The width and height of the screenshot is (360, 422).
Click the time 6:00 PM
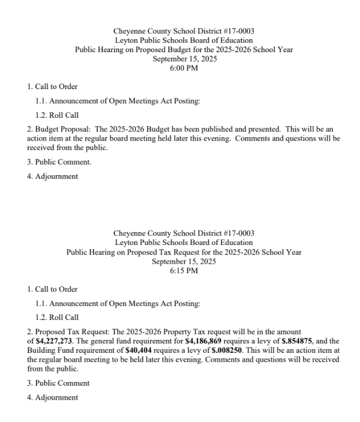pos(184,67)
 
